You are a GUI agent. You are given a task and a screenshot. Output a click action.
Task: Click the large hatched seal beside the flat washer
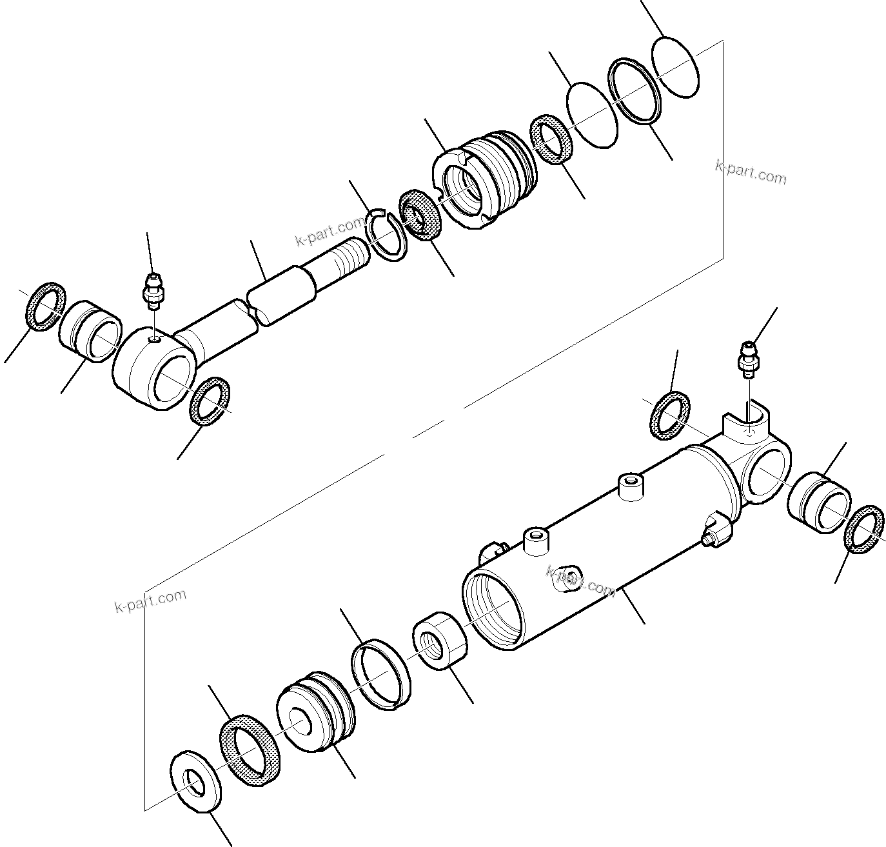[250, 750]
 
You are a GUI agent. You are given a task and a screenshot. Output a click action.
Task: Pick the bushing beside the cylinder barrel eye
[819, 503]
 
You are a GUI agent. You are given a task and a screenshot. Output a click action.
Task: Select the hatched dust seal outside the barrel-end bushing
[864, 529]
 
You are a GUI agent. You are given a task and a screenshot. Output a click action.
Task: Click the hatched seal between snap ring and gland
[419, 215]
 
